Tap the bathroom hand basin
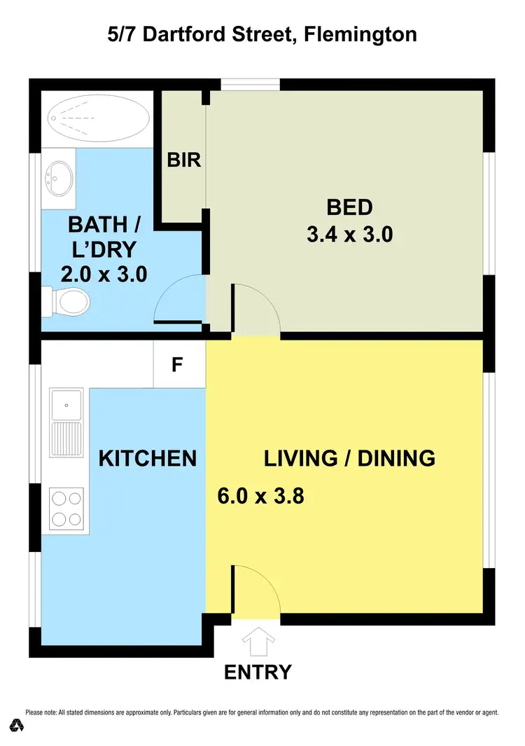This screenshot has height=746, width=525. pos(57,179)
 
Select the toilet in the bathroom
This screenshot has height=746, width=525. pos(70,302)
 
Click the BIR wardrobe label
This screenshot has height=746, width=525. pos(184,160)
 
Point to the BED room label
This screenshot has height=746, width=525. pos(349,207)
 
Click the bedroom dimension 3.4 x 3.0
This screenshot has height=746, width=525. pos(349,235)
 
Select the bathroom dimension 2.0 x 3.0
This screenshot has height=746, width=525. pos(104,274)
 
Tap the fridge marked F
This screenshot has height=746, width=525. pos(179,364)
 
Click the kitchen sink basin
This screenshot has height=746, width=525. pos(66,405)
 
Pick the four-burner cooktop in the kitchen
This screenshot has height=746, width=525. pos(66,508)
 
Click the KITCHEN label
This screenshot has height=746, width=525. pos(147,459)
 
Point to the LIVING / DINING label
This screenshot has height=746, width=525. pos(349,459)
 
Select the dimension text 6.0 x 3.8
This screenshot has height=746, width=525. pos(260,497)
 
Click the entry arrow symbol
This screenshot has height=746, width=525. pos(257,640)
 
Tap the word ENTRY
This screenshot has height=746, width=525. pos(258,672)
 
